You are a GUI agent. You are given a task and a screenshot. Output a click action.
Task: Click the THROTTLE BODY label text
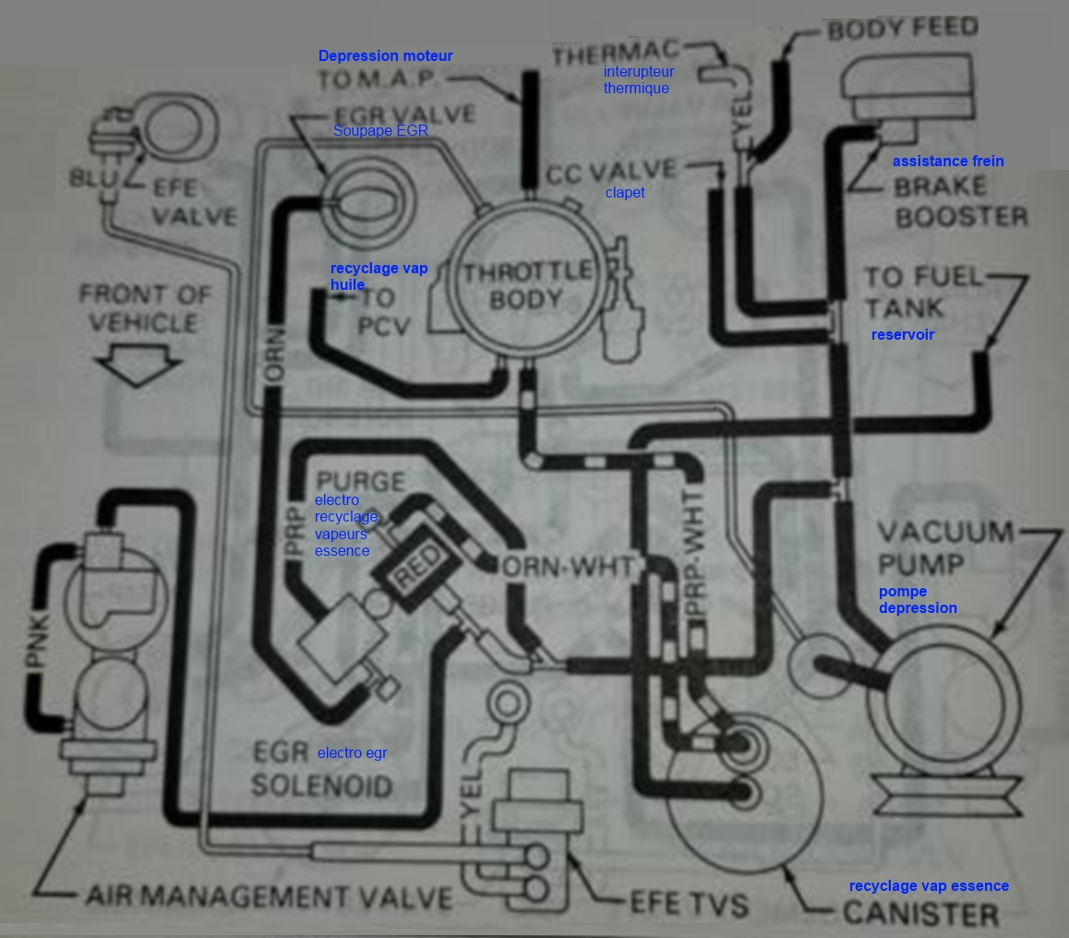527,284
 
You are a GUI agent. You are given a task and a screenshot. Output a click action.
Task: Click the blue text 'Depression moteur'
385,56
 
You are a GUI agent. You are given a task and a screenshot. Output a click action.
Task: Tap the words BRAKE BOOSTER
959,201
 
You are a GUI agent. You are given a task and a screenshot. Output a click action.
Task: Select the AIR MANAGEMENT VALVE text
269,896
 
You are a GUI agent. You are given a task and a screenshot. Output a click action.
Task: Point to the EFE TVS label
689,903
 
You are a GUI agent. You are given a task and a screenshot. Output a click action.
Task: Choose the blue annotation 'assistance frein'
947,162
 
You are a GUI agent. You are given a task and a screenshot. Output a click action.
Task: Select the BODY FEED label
902,30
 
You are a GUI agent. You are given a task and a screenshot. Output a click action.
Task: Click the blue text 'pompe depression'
917,599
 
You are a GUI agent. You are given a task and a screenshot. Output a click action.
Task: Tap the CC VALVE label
611,172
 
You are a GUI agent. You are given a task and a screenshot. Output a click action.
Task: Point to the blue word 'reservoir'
902,334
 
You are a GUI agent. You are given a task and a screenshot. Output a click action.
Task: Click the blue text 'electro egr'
352,753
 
